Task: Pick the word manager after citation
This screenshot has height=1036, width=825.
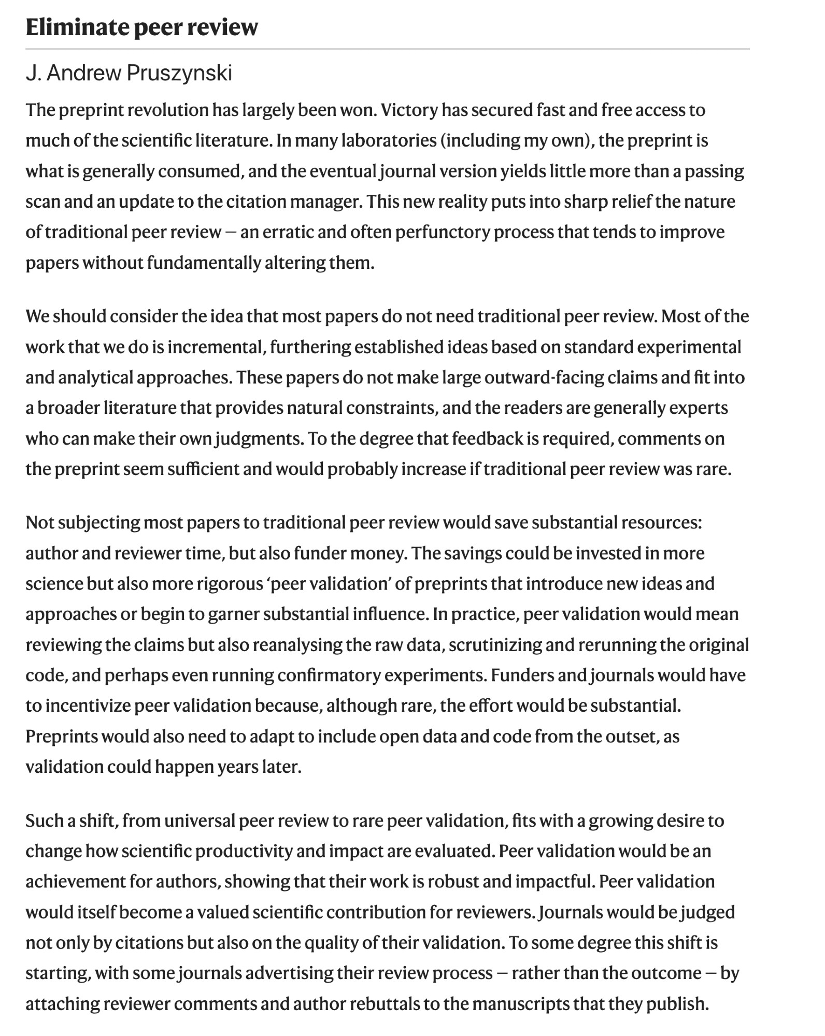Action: pos(324,202)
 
